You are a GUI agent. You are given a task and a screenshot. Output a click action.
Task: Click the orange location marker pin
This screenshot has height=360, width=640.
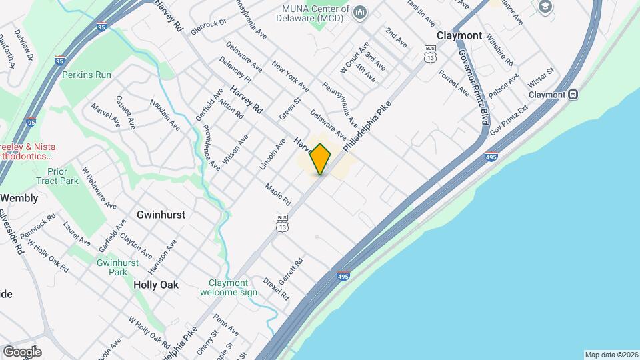(x=321, y=159)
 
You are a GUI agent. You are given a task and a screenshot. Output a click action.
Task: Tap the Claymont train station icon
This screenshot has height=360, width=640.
(x=573, y=95)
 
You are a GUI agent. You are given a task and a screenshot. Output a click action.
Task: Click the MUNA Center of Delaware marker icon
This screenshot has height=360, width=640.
(x=360, y=11)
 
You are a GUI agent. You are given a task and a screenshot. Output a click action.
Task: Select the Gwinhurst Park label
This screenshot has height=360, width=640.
(x=117, y=267)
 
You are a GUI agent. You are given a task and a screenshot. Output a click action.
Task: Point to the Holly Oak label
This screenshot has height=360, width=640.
(x=156, y=285)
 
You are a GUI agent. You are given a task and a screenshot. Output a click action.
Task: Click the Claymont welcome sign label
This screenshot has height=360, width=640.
(x=228, y=287)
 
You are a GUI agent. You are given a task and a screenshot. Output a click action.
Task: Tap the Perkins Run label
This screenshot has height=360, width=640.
(x=87, y=75)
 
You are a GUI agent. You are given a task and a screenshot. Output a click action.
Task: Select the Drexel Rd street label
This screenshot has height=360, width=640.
(x=276, y=288)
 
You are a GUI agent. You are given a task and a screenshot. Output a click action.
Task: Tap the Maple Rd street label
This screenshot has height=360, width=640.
(x=278, y=195)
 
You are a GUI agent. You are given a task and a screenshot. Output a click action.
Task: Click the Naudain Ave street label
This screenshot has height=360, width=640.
(x=165, y=114)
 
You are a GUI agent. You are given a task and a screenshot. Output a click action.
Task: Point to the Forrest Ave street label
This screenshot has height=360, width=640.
(x=454, y=83)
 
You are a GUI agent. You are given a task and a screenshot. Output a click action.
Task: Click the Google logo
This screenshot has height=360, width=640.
(x=21, y=352)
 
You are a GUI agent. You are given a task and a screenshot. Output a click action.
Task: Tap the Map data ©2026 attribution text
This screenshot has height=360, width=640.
(x=611, y=355)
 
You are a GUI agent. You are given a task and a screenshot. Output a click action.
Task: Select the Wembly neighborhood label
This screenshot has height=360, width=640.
(x=19, y=198)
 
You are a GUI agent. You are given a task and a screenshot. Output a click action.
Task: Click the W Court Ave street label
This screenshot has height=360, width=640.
(x=354, y=59)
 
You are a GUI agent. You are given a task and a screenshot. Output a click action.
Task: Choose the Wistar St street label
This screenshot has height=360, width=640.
(x=541, y=75)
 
